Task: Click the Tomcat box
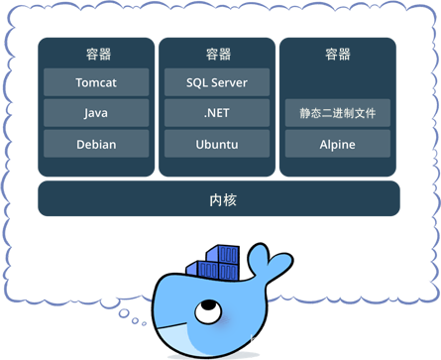click(x=96, y=82)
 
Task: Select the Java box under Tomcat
click(x=96, y=113)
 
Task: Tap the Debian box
click(x=96, y=144)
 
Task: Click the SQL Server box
click(x=217, y=82)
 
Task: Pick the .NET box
click(x=217, y=113)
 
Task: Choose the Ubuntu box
click(x=217, y=144)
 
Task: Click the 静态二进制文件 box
click(x=337, y=113)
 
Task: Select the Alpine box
click(x=337, y=144)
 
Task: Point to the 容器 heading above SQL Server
click(x=218, y=54)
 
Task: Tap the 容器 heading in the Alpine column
click(x=337, y=54)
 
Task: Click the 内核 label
click(x=223, y=200)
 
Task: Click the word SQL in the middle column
click(x=198, y=82)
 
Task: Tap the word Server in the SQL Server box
click(x=229, y=82)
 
